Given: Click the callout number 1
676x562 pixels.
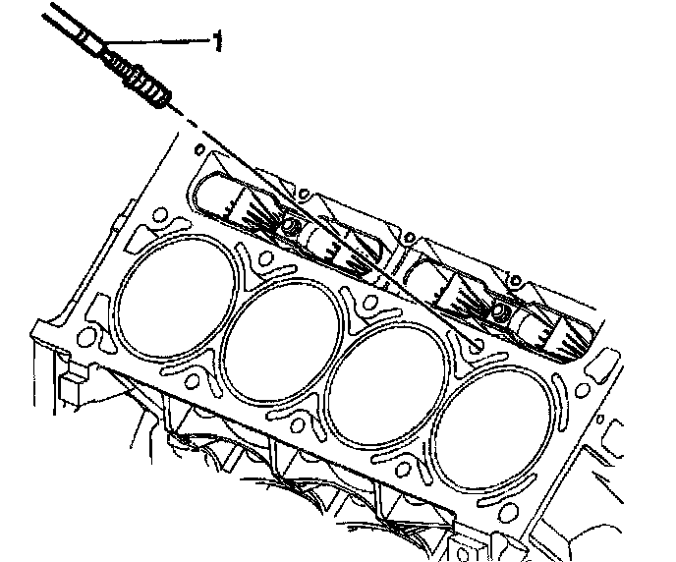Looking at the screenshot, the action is (x=218, y=40).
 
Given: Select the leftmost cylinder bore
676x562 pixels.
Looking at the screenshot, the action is (x=177, y=297).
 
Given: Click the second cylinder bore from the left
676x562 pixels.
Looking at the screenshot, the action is (x=283, y=341).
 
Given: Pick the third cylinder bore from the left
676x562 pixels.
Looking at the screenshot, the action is (x=387, y=385).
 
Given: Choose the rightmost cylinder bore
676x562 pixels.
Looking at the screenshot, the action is (x=494, y=429).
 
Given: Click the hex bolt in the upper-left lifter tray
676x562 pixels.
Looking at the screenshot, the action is (x=288, y=225).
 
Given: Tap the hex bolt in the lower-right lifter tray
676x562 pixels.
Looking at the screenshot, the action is (x=499, y=309).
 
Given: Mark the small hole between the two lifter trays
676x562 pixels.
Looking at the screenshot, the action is (x=409, y=238).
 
